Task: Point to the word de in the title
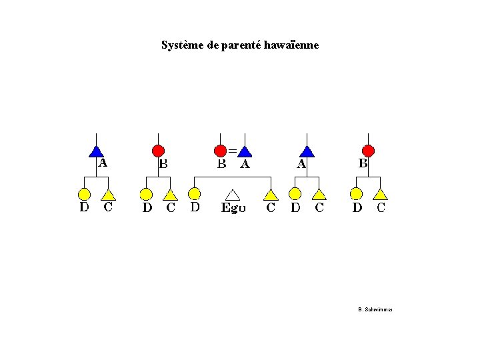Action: click(213, 46)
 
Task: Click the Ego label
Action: click(233, 208)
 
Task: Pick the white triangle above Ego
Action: click(233, 194)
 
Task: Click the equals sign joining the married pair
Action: click(233, 149)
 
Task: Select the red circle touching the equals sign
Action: click(221, 151)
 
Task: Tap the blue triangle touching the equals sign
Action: click(245, 152)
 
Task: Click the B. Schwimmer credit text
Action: click(375, 309)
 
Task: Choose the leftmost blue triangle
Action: click(97, 152)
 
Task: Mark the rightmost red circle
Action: click(368, 151)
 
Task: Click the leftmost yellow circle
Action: click(85, 194)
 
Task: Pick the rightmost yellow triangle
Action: click(380, 194)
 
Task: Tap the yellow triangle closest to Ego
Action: click(270, 194)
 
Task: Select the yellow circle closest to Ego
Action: click(194, 193)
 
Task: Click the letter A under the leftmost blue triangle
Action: click(103, 162)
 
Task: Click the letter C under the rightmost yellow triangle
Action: click(381, 207)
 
